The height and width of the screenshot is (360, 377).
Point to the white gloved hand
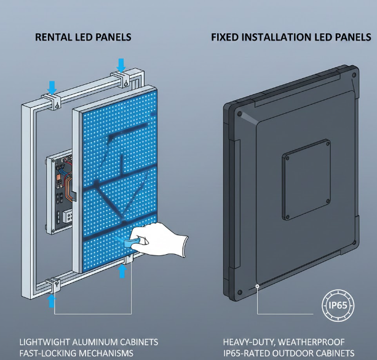161,241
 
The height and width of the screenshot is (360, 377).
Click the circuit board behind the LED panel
60,190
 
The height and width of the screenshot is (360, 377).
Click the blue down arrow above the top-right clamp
121,64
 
